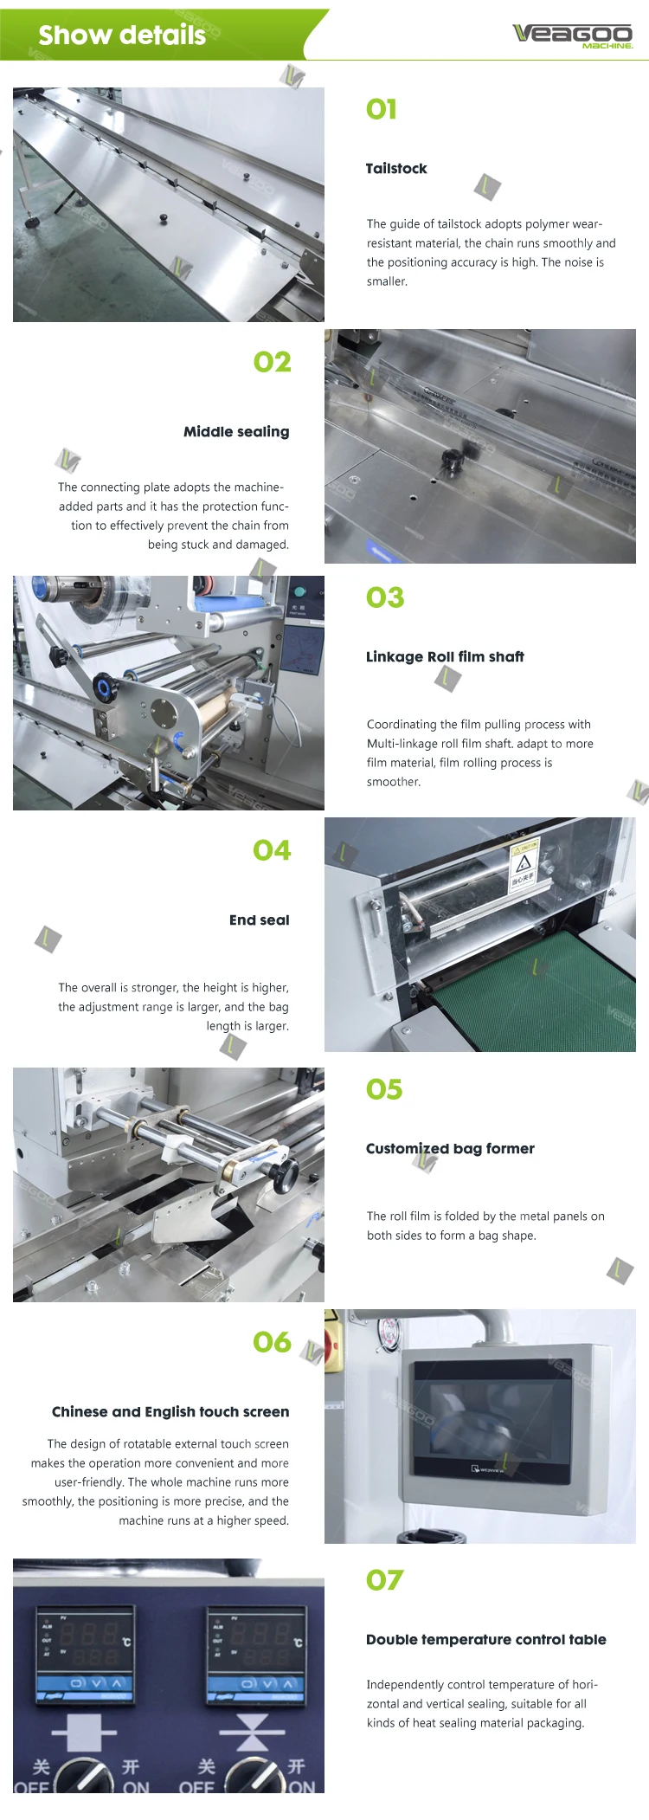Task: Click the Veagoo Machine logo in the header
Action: pos(573,35)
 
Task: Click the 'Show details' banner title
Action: pos(122,35)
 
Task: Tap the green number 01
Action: pos(382,109)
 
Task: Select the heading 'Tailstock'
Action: pos(396,168)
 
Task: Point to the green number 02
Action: pos(272,362)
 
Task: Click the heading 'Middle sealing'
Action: pos(236,431)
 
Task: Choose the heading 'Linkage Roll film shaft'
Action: pos(445,656)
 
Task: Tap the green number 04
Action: pos(272,850)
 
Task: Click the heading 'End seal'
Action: pos(259,920)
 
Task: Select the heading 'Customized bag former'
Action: pos(450,1149)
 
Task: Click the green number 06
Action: pos(272,1343)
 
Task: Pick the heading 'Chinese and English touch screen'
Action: pos(170,1412)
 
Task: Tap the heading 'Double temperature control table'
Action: pos(486,1639)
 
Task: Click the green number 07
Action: pos(384,1580)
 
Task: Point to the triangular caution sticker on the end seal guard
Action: pos(523,863)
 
